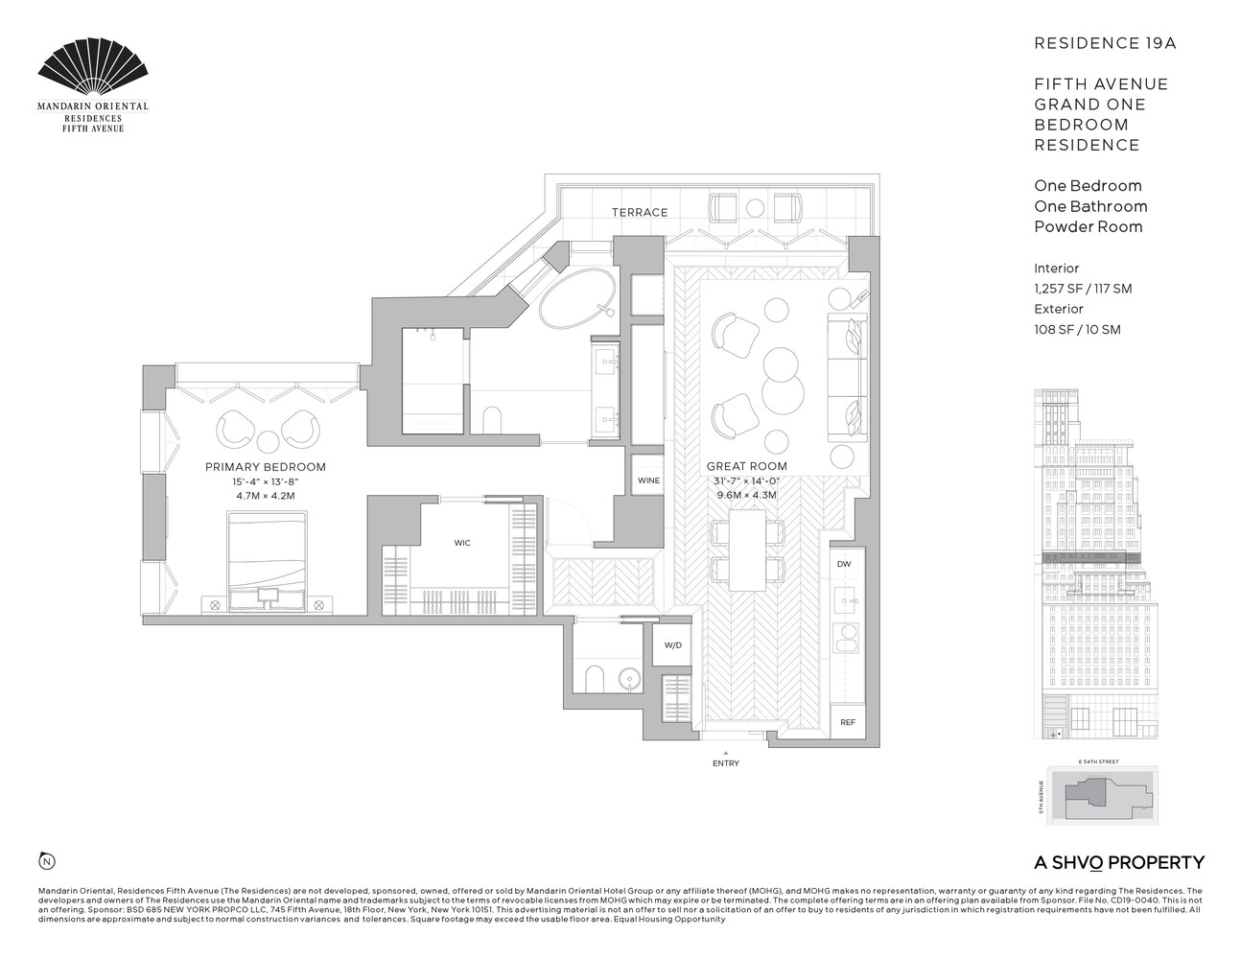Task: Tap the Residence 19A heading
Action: click(1091, 43)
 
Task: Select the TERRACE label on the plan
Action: click(641, 212)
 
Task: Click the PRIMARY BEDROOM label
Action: click(266, 467)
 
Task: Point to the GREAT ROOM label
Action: click(746, 467)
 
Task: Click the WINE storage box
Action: click(648, 480)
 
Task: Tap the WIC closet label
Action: click(462, 543)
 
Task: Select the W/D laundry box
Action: click(672, 645)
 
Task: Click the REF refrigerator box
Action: click(847, 722)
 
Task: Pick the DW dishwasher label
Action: click(844, 564)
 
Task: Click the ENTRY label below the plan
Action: click(726, 763)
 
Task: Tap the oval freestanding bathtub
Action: click(578, 298)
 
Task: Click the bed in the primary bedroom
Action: click(267, 554)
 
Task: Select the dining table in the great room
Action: click(747, 551)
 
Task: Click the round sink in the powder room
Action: click(629, 678)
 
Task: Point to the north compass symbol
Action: click(45, 859)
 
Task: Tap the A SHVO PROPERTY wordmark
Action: click(1119, 862)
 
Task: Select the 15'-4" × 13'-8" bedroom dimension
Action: click(266, 481)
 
